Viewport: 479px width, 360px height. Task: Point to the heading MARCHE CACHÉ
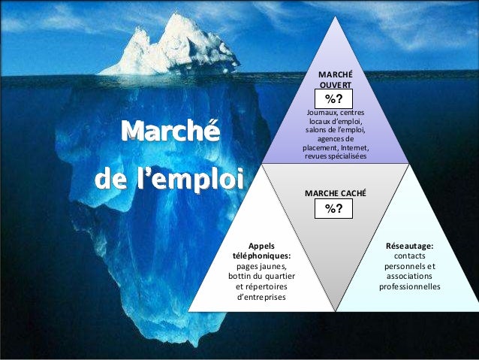[x=335, y=193]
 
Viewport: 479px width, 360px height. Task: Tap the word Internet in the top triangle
[x=353, y=147]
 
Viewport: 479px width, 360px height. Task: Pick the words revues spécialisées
[x=335, y=156]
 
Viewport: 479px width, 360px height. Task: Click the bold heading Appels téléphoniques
[x=261, y=250]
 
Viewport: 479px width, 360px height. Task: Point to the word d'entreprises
[x=261, y=298]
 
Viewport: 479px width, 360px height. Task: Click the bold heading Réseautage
[x=409, y=245]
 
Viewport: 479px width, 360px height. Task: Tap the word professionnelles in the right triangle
[x=409, y=286]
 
